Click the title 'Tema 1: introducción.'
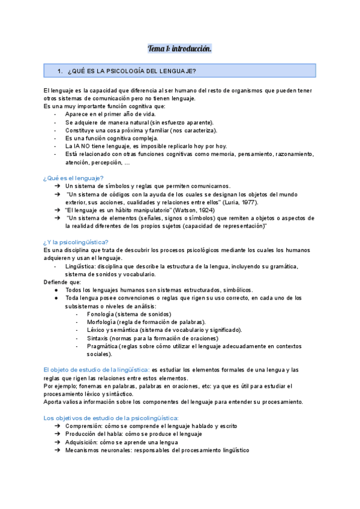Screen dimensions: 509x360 point(179,48)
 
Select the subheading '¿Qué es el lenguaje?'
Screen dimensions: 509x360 point(74,178)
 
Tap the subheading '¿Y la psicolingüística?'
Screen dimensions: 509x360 point(76,242)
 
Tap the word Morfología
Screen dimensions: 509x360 point(102,322)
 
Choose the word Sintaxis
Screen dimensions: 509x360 point(98,338)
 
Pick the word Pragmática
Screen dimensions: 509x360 point(102,346)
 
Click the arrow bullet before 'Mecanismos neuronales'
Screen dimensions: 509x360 point(56,450)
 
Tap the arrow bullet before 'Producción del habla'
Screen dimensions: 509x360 point(56,434)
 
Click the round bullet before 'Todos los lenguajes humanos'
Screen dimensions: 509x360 point(56,290)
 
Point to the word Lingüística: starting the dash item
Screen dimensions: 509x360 point(80,266)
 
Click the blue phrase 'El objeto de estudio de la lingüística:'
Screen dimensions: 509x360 point(97,370)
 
